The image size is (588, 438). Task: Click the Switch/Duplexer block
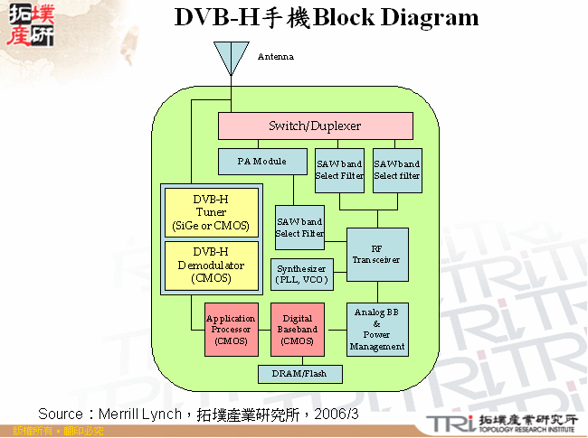click(x=315, y=126)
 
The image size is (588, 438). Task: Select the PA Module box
click(x=262, y=162)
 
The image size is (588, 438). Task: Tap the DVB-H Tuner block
click(x=211, y=211)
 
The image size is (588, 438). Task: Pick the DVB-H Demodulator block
click(x=211, y=266)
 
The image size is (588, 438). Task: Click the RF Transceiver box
click(x=378, y=254)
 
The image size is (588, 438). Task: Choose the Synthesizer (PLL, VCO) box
click(x=303, y=275)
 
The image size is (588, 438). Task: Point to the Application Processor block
click(x=231, y=330)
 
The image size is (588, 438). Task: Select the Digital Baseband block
click(x=299, y=330)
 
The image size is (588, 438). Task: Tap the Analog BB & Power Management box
click(x=377, y=329)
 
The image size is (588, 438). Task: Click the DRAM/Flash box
click(x=300, y=373)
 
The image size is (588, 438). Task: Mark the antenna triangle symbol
click(x=231, y=60)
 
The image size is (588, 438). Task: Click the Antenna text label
click(x=275, y=56)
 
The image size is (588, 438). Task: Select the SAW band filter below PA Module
click(x=299, y=228)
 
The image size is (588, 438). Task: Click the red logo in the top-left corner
click(x=30, y=24)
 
